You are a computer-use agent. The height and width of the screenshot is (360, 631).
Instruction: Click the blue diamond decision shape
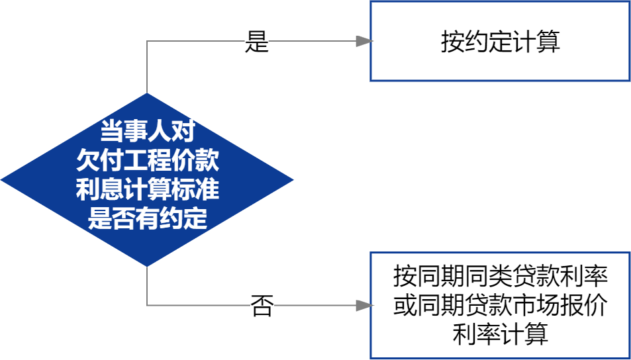pyautogui.click(x=146, y=179)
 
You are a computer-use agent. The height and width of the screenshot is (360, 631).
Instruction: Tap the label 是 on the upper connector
pyautogui.click(x=257, y=41)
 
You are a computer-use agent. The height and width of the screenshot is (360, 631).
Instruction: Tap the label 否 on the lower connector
pyautogui.click(x=262, y=305)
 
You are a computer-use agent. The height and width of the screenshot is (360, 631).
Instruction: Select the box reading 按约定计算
pyautogui.click(x=500, y=41)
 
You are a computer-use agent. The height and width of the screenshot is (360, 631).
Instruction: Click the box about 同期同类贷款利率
pyautogui.click(x=500, y=304)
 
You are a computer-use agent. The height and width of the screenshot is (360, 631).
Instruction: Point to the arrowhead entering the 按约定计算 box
pyautogui.click(x=364, y=41)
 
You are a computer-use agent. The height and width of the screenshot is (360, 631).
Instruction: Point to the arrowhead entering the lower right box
pyautogui.click(x=364, y=305)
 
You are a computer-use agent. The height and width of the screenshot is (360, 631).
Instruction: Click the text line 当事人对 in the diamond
pyautogui.click(x=146, y=132)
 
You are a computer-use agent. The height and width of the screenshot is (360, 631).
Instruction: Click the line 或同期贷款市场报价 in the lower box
pyautogui.click(x=500, y=305)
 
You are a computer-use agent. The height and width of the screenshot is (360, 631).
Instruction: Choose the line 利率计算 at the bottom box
pyautogui.click(x=500, y=334)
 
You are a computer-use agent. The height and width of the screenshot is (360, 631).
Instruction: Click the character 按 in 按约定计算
pyautogui.click(x=452, y=42)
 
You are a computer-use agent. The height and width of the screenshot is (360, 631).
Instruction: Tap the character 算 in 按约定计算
pyautogui.click(x=548, y=42)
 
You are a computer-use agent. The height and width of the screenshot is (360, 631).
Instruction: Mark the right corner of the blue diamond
pyautogui.click(x=292, y=179)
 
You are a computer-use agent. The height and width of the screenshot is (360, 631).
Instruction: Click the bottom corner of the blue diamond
pyautogui.click(x=146, y=265)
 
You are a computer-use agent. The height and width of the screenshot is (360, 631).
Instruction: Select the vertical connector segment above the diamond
pyautogui.click(x=146, y=66)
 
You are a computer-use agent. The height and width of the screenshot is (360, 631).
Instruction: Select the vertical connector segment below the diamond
pyautogui.click(x=146, y=286)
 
